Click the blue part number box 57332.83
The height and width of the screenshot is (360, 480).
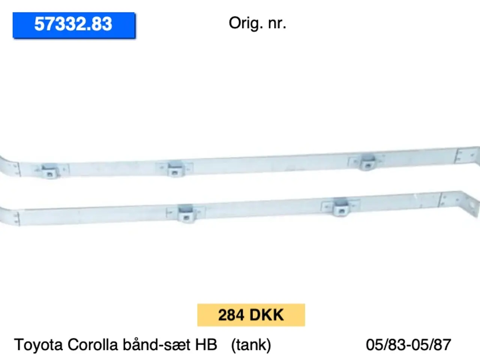pyautogui.click(x=74, y=25)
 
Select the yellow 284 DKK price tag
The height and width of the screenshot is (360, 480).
pyautogui.click(x=251, y=315)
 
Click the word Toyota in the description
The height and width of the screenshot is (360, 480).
pyautogui.click(x=38, y=345)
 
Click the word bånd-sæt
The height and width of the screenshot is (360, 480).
pyautogui.click(x=156, y=345)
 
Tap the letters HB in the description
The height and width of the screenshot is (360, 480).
pyautogui.click(x=206, y=345)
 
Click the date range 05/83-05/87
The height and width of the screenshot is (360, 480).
pyautogui.click(x=408, y=345)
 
